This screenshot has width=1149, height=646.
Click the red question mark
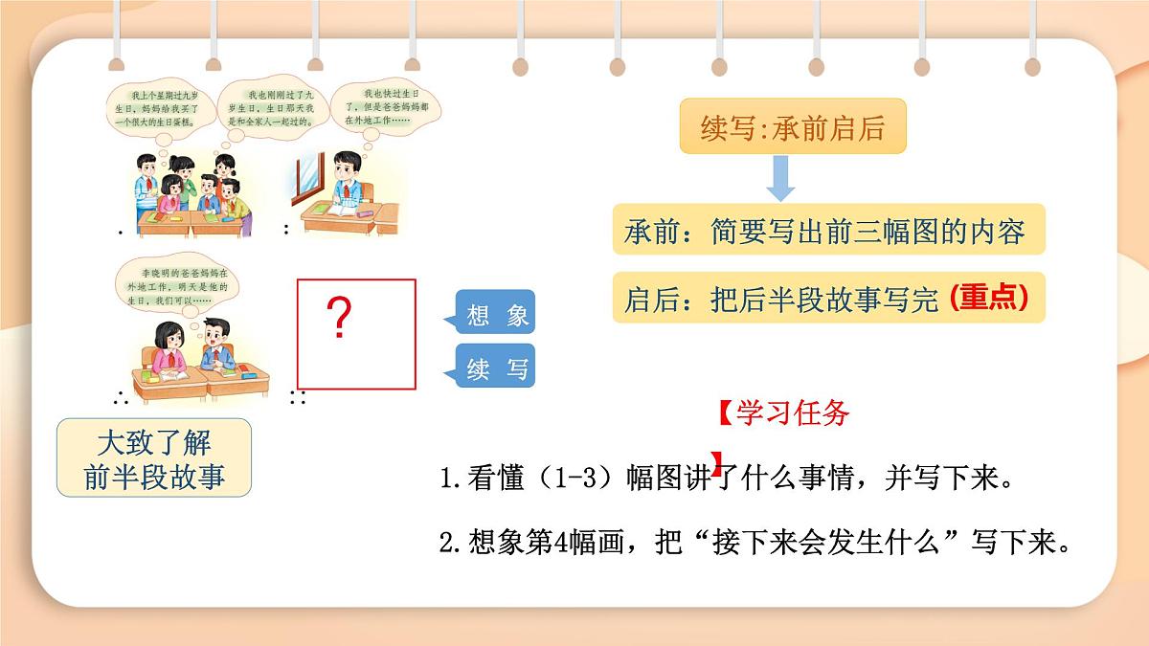tap(336, 319)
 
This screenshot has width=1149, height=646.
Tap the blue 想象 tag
tap(496, 316)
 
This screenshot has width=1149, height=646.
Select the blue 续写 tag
tap(496, 368)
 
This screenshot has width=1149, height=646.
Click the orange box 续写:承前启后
tap(793, 128)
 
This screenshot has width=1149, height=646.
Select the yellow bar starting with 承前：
tap(828, 231)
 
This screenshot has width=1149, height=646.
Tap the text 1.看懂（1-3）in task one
tap(531, 478)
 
